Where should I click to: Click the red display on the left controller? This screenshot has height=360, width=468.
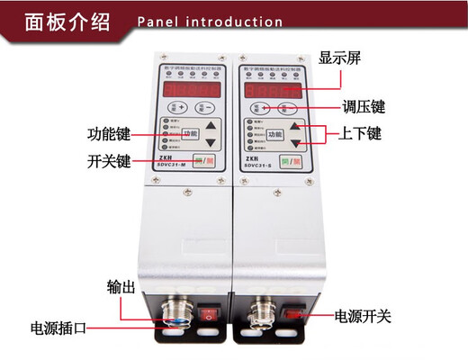192,91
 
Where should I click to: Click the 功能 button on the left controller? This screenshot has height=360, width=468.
190,134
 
